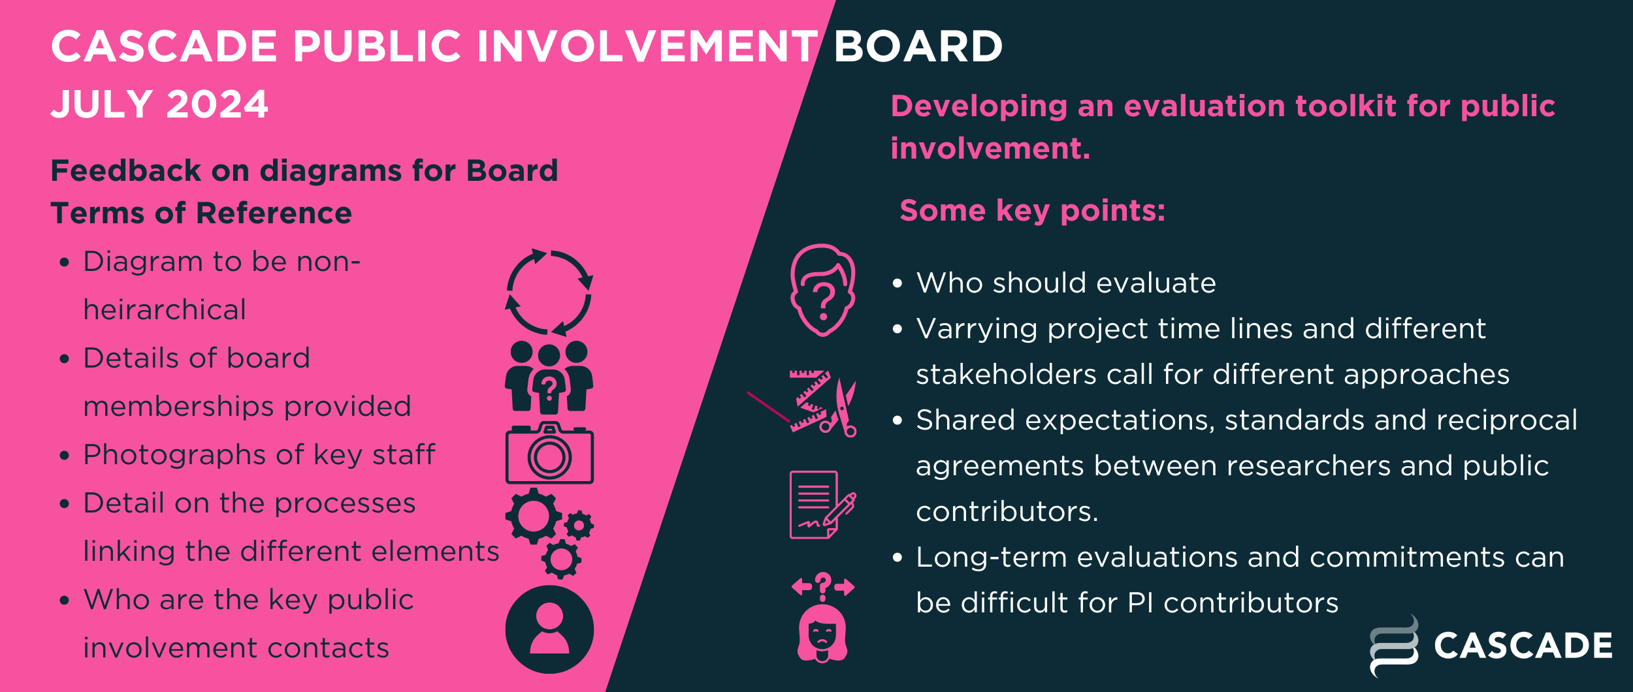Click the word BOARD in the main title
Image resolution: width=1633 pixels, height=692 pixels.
[918, 46]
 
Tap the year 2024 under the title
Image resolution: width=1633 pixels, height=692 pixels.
[217, 104]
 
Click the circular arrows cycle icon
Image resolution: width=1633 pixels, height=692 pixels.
[549, 292]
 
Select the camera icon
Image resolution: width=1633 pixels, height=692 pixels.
[549, 453]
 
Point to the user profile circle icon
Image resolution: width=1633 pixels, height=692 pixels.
[549, 629]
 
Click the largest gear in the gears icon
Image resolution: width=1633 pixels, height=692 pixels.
[534, 516]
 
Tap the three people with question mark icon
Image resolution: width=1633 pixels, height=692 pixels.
[549, 377]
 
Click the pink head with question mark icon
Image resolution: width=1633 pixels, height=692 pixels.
[823, 290]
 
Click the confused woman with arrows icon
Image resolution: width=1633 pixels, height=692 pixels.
[822, 617]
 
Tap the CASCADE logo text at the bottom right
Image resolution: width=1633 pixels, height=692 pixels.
[1523, 646]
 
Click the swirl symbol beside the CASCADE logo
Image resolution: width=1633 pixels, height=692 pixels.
[1394, 646]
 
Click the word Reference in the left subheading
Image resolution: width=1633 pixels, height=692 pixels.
[274, 213]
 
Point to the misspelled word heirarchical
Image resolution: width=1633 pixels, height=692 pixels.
[165, 309]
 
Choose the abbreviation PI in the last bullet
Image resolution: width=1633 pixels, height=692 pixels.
[1140, 603]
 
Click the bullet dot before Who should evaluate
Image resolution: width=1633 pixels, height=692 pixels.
[897, 284]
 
